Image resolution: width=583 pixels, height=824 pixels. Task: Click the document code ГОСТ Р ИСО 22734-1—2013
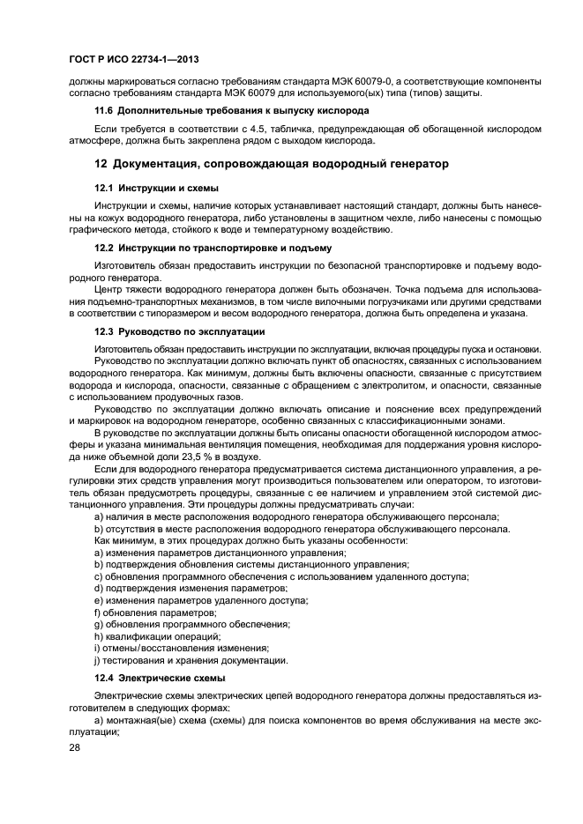132,58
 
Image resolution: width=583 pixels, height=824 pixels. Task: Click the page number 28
76,747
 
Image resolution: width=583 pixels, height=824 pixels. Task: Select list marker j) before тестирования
97,660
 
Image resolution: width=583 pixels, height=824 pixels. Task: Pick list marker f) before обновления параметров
97,612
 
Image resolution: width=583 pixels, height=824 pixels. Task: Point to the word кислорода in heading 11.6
342,110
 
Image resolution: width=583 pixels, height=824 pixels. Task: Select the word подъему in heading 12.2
307,248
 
